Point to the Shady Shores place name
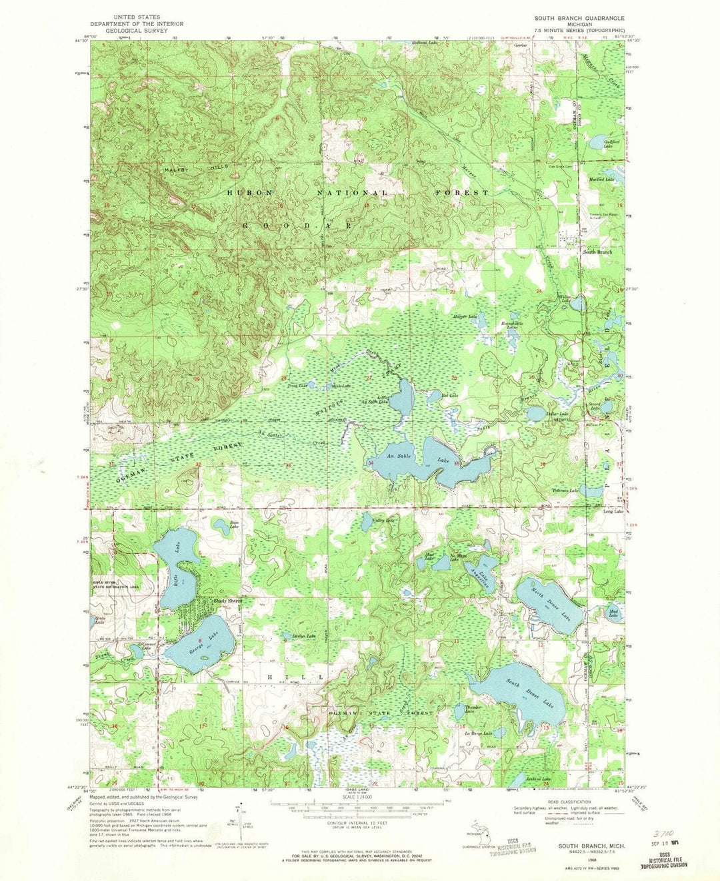coord(227,601)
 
